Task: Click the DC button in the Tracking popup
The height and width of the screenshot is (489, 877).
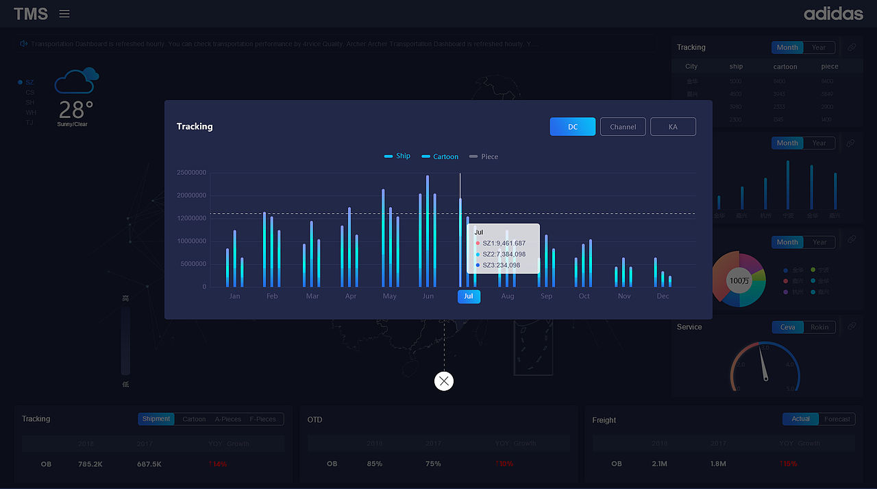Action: coord(572,127)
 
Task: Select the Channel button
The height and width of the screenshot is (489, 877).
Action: coord(623,127)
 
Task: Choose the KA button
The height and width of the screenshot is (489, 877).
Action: coord(673,127)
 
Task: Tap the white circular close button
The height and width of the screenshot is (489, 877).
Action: coord(444,381)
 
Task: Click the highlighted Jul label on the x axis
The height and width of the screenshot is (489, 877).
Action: coord(469,296)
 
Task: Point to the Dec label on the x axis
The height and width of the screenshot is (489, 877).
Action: coord(663,296)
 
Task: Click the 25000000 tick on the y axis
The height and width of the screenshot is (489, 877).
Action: coord(191,173)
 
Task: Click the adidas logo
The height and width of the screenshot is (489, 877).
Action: coord(833,14)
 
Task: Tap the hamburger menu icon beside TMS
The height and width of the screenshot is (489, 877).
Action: coord(64,14)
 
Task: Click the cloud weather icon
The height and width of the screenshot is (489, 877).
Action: coord(76,81)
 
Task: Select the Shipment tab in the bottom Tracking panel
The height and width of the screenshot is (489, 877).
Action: coord(156,419)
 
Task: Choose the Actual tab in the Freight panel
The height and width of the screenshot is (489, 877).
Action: coord(800,419)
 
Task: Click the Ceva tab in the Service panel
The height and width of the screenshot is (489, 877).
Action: coord(788,327)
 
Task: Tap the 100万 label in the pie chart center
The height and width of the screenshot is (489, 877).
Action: coord(739,281)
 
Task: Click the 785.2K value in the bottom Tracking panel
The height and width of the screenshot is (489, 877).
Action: coord(90,464)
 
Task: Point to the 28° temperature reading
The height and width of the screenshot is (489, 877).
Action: coord(75,110)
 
